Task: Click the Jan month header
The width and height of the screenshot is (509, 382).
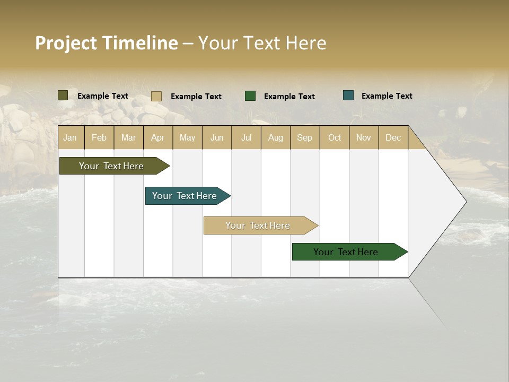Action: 70,137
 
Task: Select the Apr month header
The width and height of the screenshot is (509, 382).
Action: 158,137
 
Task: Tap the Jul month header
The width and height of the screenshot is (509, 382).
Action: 246,137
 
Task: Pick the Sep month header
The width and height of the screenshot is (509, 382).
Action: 304,137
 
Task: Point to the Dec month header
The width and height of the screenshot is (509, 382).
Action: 393,137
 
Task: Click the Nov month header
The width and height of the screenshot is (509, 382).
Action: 363,137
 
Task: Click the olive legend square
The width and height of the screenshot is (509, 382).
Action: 63,95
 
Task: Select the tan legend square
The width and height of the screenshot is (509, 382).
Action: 156,96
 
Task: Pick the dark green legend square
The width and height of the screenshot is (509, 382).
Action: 250,96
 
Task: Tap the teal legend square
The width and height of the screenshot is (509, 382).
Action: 348,95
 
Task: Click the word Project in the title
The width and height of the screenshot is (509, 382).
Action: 66,43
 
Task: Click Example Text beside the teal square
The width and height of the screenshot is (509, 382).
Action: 387,95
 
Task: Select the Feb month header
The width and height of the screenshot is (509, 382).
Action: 99,137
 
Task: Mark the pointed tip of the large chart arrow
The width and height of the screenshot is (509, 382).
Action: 465,202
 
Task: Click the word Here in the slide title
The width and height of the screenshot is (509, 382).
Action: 306,43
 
